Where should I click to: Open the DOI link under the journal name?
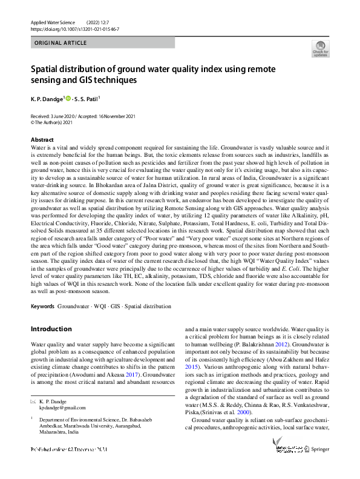click(x=74, y=28)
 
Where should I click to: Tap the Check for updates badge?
click(x=320, y=48)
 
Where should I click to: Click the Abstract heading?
click(x=41, y=140)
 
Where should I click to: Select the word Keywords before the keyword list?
click(x=42, y=306)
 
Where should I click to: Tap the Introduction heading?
click(x=51, y=329)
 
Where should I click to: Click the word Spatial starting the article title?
click(x=45, y=69)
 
